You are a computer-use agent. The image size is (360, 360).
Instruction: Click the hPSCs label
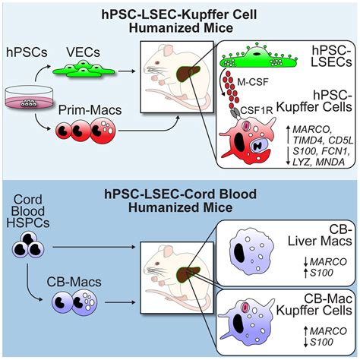tap(27, 52)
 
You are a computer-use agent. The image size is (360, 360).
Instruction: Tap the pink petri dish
tap(29, 98)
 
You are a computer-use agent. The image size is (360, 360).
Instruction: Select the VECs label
tap(84, 52)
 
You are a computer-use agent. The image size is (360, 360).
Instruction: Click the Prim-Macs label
tap(90, 110)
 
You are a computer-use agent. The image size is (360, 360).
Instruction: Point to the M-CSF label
tap(253, 82)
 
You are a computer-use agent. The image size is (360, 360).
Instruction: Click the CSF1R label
tap(257, 110)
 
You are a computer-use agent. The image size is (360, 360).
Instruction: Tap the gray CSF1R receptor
tap(235, 112)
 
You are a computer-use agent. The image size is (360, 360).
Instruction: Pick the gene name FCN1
tap(336, 151)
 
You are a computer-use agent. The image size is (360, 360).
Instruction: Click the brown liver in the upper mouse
tap(188, 73)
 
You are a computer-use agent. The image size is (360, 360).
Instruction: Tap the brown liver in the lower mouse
tap(188, 273)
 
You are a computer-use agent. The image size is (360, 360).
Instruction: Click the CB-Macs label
tap(74, 282)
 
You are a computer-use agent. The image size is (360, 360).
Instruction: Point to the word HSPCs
tap(28, 223)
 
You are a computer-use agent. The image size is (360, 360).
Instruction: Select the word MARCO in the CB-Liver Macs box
tap(328, 262)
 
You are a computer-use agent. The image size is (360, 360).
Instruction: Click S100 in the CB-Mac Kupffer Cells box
tap(321, 343)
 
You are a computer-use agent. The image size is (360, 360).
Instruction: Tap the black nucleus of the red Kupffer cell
tap(239, 141)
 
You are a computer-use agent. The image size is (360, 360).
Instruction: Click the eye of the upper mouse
tap(157, 62)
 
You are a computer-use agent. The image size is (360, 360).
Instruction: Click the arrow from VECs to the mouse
tap(127, 71)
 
